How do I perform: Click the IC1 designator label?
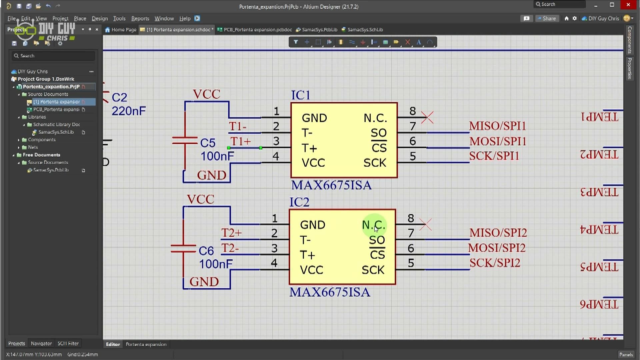(x=301, y=95)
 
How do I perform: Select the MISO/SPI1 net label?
(x=497, y=126)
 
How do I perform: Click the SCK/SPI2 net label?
(x=495, y=263)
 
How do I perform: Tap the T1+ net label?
(x=240, y=141)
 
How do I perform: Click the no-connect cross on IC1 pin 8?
(x=427, y=117)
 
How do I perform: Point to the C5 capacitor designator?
(x=208, y=143)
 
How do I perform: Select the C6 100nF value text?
(x=216, y=264)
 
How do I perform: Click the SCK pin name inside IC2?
(x=373, y=270)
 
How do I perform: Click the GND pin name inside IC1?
(x=314, y=118)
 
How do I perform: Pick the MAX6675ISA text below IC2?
(x=330, y=292)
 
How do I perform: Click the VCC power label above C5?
(x=206, y=94)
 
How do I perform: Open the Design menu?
(x=100, y=19)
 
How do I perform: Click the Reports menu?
(x=140, y=19)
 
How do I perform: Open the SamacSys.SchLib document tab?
(x=365, y=30)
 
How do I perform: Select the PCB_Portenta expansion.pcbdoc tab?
(x=257, y=30)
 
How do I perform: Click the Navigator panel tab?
(x=41, y=343)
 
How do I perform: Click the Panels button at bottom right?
(x=626, y=354)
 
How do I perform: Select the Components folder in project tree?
(x=42, y=140)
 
